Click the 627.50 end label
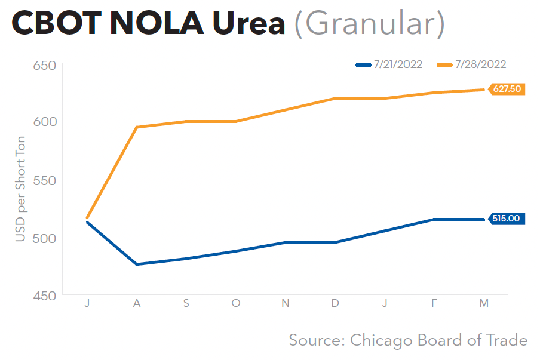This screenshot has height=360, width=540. tap(507, 89)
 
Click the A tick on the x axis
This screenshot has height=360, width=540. tap(137, 304)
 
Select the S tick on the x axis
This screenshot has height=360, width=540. tap(186, 304)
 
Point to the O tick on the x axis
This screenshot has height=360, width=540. tap(236, 304)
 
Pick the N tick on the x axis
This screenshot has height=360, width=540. tap(286, 304)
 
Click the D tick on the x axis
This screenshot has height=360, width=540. tap(335, 304)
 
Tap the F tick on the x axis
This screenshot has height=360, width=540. tap(434, 304)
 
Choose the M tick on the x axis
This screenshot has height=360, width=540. tap(484, 304)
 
